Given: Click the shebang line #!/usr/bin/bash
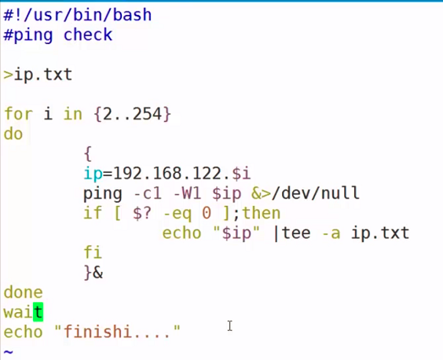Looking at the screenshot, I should coord(77,15).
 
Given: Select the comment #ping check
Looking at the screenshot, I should coord(57,35).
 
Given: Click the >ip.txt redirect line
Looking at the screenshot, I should coord(38,75).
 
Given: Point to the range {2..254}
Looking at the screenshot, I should coord(132,115).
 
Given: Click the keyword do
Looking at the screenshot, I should coord(13,134).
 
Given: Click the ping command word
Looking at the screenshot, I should coord(102,193).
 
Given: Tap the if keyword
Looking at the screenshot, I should coord(92,214).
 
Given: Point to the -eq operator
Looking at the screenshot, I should coord(176,214).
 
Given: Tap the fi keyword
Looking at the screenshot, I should coord(92,253).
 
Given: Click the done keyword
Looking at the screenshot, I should coord(23,293).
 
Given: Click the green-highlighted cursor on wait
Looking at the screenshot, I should coord(38,313).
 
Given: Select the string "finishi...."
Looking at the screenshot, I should coord(117,332).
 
